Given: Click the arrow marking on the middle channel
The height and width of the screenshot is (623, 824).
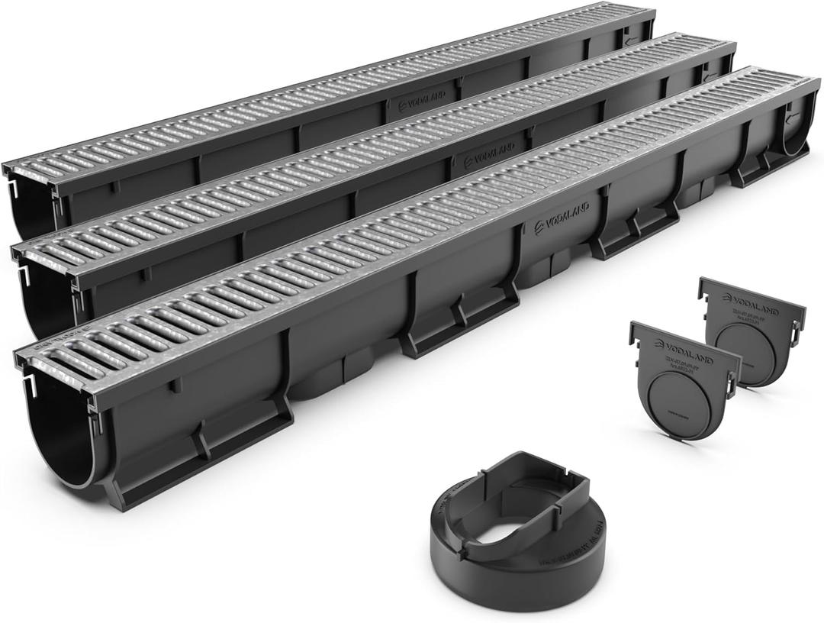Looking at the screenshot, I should pos(710,76).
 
